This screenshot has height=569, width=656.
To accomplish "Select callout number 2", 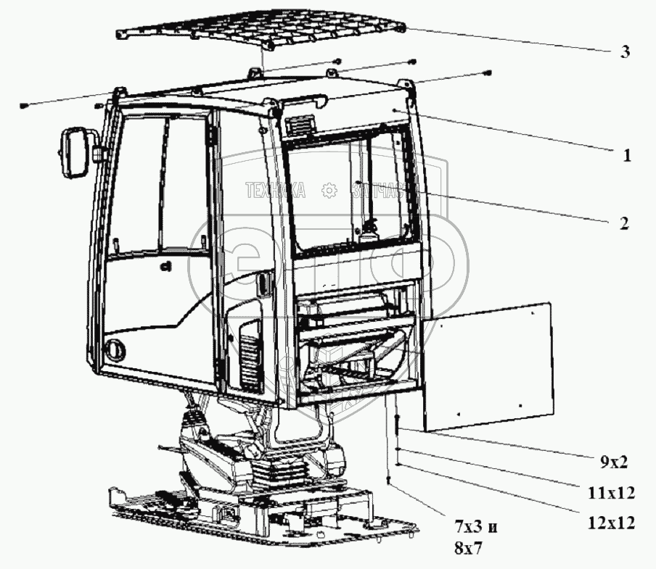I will [x=623, y=223].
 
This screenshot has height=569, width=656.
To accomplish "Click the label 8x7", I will [x=468, y=550].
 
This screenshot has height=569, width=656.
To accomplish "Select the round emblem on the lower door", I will [x=115, y=349].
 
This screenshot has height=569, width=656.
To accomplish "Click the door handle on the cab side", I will [x=262, y=284].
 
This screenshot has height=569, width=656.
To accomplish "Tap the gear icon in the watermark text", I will [x=329, y=191].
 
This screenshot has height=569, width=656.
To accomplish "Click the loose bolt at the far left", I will [x=25, y=106].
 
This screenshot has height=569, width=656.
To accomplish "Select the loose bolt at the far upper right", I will [x=488, y=72].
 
